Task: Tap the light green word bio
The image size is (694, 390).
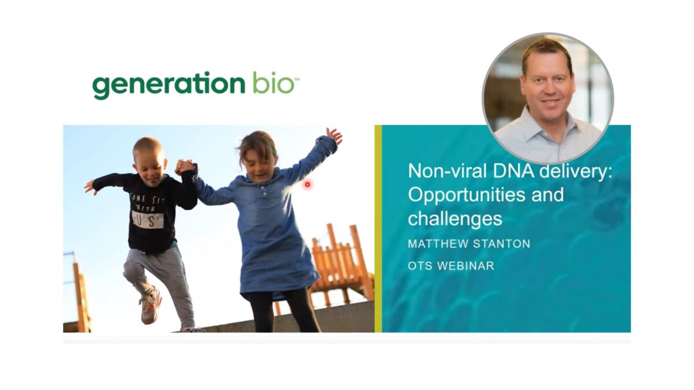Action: click(273, 84)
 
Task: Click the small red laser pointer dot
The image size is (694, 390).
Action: click(308, 184)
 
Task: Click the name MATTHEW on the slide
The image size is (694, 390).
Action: click(440, 244)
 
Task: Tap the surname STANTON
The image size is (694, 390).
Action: click(504, 244)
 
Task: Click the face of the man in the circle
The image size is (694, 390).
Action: click(547, 81)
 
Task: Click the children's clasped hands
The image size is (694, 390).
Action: click(185, 167)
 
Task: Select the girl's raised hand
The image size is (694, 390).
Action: click(334, 135)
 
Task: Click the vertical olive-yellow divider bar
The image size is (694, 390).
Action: click(378, 228)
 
